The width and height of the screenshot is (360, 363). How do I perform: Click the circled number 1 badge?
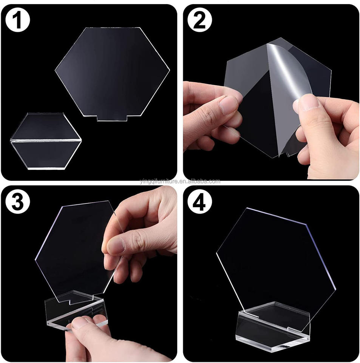[18, 20]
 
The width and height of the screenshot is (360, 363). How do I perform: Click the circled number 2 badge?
[199, 20]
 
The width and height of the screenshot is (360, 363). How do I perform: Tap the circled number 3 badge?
[18, 202]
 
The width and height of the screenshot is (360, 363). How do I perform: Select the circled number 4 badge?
[199, 202]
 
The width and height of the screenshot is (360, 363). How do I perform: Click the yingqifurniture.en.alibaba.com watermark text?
[180, 181]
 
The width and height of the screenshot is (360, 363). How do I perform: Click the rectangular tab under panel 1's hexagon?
[112, 118]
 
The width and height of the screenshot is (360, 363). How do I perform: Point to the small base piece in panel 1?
[46, 141]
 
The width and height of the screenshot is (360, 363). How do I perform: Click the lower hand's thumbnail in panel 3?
[80, 323]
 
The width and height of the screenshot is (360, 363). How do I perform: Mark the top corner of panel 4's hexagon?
[247, 208]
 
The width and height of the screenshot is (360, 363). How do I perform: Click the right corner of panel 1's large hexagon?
[170, 69]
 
